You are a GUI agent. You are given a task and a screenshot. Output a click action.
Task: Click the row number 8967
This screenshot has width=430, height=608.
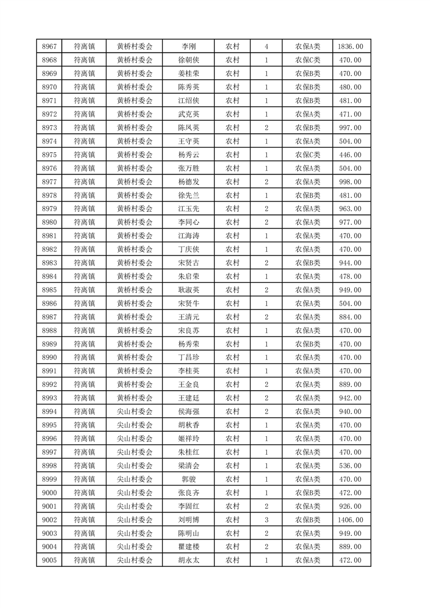49,47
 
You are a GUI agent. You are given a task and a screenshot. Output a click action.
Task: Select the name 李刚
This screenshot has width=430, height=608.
188,47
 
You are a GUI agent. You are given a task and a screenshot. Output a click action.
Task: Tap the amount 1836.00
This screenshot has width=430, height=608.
350,47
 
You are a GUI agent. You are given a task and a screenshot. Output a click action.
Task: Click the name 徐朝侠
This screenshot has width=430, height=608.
188,60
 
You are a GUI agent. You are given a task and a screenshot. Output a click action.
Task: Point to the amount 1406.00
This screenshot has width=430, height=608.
350,520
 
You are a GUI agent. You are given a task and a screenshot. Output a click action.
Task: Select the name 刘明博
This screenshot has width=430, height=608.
188,520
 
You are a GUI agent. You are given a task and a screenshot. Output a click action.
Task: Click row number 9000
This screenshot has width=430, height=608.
49,493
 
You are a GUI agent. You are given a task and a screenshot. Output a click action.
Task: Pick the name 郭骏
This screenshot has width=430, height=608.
188,479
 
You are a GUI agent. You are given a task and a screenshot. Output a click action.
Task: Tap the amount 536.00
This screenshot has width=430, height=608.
350,465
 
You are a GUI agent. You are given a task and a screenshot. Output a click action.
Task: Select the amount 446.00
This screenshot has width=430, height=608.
350,154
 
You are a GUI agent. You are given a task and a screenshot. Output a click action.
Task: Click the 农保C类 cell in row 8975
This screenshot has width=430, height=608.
307,154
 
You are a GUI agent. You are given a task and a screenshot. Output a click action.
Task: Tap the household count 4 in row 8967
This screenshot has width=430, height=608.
266,47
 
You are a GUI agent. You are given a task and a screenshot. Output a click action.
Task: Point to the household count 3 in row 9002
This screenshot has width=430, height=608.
266,520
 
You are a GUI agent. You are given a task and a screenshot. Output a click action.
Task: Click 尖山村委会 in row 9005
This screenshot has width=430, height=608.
135,560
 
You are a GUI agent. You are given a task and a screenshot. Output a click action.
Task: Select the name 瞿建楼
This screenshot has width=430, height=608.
188,547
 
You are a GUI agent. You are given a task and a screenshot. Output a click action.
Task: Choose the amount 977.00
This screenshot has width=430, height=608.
350,222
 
